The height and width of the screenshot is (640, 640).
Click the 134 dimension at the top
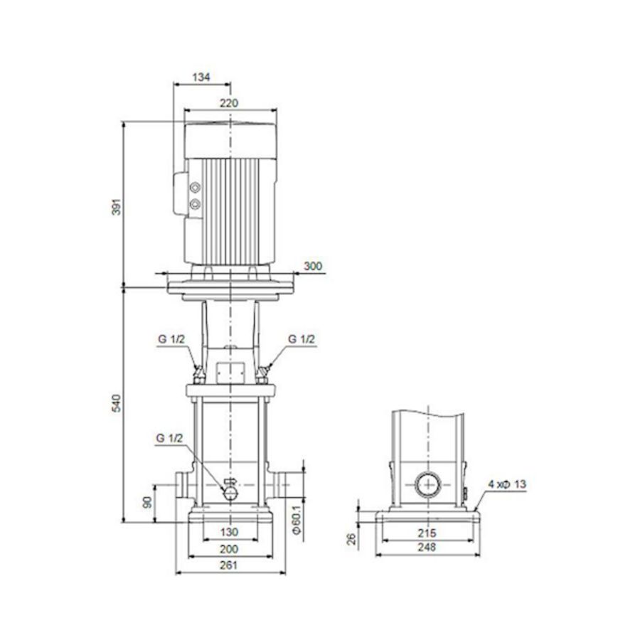201,78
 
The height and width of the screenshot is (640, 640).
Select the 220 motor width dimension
229,103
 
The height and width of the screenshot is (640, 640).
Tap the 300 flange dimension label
313,267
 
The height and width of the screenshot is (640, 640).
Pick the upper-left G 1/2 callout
171,339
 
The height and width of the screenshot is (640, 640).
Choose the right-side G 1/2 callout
302,339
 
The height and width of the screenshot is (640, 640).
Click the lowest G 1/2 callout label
170,439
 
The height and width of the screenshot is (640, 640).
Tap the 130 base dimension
229,532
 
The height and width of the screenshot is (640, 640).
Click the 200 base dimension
229,549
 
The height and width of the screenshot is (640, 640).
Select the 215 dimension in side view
427,532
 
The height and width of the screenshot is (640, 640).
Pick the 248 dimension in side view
427,548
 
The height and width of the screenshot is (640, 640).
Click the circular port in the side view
427,486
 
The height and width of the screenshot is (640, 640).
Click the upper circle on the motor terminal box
196,188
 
